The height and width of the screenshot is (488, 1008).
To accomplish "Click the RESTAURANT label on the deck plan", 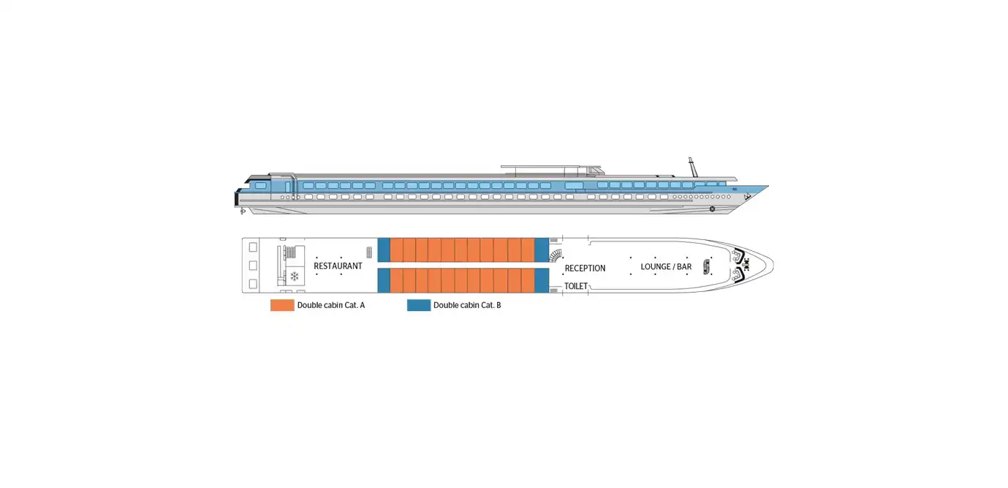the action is pos(338,266).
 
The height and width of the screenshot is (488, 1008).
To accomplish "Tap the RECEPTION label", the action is pos(585,269).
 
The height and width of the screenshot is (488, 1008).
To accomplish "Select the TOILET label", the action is pos(576,286).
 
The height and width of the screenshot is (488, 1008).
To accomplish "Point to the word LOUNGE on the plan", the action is pos(656,267).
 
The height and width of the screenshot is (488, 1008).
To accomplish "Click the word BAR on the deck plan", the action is pos(684,267).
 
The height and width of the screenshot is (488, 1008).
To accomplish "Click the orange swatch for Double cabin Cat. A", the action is pos(282,305).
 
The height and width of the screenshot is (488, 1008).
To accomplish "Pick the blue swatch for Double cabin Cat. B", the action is pos(419,305).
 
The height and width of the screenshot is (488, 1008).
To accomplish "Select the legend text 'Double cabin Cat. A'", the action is pos(331,306).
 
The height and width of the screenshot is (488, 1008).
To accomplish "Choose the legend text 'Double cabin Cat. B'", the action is pos(467,306).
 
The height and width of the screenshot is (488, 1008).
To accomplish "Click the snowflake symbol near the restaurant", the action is pos(295,277).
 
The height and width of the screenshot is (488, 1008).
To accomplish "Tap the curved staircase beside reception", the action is pos(556,255).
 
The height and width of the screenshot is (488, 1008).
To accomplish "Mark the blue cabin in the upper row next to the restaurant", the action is pos(384,249).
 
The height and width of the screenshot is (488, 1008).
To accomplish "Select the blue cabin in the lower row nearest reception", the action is pos(542,280).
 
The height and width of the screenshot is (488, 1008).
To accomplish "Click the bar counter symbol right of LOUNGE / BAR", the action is pos(706,267).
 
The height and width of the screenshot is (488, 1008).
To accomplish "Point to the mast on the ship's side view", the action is pos(693,167).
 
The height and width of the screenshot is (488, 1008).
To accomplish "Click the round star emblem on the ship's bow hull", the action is pos(713,209).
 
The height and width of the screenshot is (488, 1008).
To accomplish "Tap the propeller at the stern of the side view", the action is pos(243,211).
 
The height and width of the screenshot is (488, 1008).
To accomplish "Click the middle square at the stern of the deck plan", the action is pos(253,266).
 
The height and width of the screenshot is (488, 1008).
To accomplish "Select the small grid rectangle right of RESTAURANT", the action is pos(369,252).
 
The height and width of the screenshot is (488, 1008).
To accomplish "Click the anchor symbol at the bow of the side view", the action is pos(747,197).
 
